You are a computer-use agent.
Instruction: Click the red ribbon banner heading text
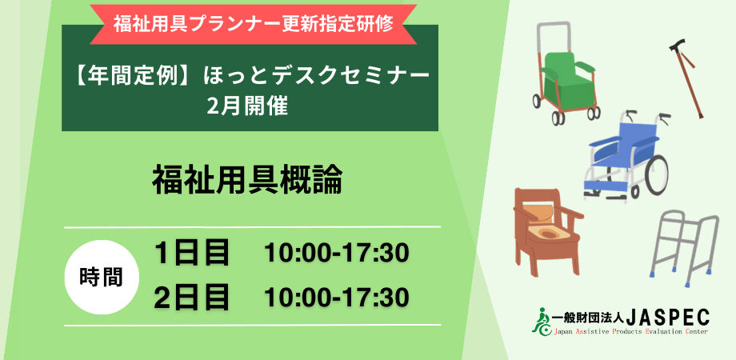tap(253, 24)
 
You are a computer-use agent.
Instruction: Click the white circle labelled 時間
tap(101, 277)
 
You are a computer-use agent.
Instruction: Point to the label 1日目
tap(192, 253)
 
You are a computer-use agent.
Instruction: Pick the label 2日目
tap(192, 297)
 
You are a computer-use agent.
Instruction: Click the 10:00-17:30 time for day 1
tap(337, 254)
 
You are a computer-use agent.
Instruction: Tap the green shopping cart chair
tap(566, 75)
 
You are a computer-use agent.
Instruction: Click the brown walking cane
tap(686, 78)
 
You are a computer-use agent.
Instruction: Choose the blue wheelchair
tap(626, 155)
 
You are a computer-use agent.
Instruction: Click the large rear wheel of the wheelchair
tap(656, 174)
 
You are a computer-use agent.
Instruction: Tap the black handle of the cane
tap(678, 46)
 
